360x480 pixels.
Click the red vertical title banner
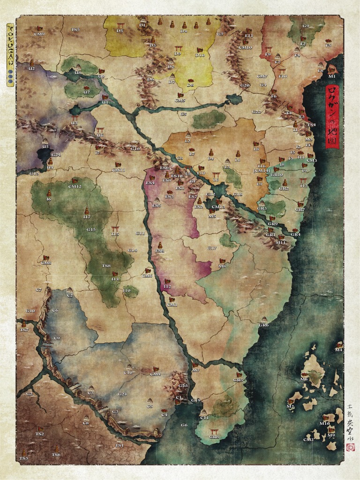point(332,116)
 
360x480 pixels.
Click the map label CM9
point(39,34)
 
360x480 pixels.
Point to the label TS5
point(75,30)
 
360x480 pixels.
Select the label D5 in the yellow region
point(120,31)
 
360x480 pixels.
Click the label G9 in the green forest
point(306,26)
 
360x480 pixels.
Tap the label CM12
point(75,186)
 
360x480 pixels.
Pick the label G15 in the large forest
point(91,229)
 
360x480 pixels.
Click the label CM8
point(46,262)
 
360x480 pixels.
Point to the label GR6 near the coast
point(264,325)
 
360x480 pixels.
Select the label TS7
point(24,330)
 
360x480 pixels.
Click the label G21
point(122,394)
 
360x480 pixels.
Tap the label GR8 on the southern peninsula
point(214,437)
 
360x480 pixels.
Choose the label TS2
point(40,434)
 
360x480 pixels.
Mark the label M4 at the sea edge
point(338,350)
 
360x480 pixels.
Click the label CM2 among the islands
point(308,439)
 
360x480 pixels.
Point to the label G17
point(212,248)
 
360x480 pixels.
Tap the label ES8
point(160,251)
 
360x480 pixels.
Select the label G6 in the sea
point(184,425)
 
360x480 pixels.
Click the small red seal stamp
point(350,447)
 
